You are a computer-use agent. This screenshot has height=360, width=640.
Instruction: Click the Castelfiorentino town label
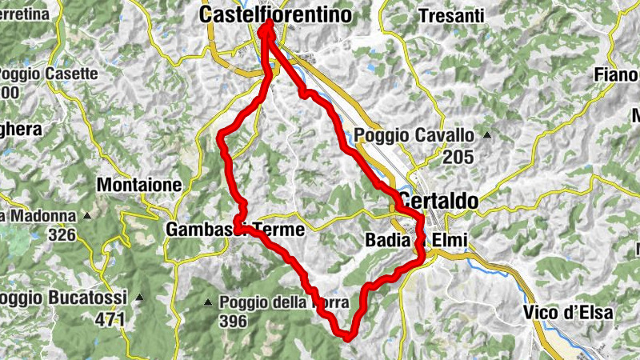(275, 14)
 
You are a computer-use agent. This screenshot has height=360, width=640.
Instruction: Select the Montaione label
(138, 185)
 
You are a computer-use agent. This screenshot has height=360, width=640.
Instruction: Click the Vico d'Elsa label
(570, 313)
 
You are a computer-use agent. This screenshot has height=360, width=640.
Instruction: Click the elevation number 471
(111, 319)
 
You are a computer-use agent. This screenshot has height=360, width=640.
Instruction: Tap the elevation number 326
(62, 235)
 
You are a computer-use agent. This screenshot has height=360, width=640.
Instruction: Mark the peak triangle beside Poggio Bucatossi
(139, 298)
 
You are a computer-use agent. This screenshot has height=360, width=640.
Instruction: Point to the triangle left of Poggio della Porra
(208, 302)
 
